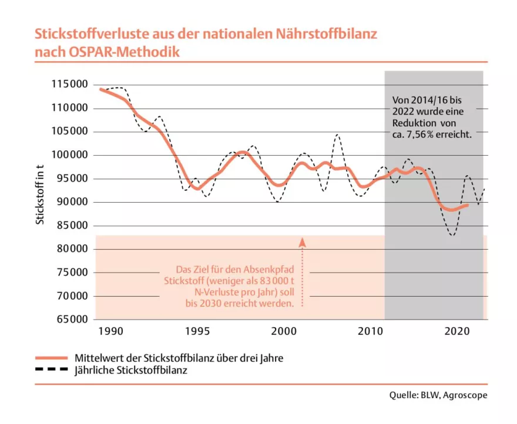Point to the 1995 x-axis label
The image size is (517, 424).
(x=197, y=331)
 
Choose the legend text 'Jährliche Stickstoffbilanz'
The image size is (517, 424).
(x=128, y=370)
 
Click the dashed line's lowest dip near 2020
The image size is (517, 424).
(x=452, y=235)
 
